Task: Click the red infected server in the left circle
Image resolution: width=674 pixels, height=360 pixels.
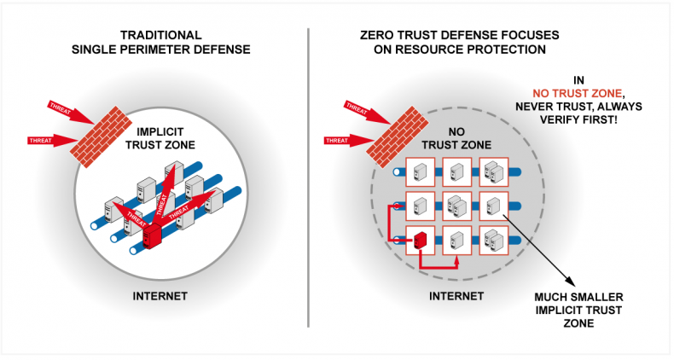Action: coord(151,236)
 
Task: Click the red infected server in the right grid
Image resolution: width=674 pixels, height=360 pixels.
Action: coord(419,241)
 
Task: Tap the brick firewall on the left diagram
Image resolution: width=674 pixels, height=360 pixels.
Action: coord(101,136)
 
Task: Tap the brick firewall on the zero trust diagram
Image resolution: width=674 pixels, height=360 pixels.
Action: coord(398,136)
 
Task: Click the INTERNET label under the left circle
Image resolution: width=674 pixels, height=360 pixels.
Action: coord(160,296)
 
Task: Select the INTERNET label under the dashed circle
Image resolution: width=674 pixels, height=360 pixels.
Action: coord(456,296)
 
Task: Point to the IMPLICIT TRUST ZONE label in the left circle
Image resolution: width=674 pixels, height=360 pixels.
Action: coord(160,138)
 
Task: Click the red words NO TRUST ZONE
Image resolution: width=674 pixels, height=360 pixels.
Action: coord(577,93)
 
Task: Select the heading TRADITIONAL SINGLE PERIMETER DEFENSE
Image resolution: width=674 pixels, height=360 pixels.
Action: coord(160,42)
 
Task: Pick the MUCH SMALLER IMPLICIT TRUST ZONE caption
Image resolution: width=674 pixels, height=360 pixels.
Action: coord(578,310)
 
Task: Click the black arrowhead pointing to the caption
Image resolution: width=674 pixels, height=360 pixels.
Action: coord(570,281)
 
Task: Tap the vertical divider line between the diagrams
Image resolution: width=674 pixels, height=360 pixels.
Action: coord(308,177)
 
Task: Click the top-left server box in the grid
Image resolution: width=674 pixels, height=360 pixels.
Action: coord(420,171)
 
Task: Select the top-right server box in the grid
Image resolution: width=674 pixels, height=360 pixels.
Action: coord(494,171)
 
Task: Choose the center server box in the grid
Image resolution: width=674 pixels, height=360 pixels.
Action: coord(457,206)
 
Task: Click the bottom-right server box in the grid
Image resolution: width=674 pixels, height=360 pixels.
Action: coord(494,241)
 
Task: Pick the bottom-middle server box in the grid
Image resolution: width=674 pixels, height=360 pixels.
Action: coord(457,241)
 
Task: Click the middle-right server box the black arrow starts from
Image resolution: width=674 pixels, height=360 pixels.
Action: coord(494,206)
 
